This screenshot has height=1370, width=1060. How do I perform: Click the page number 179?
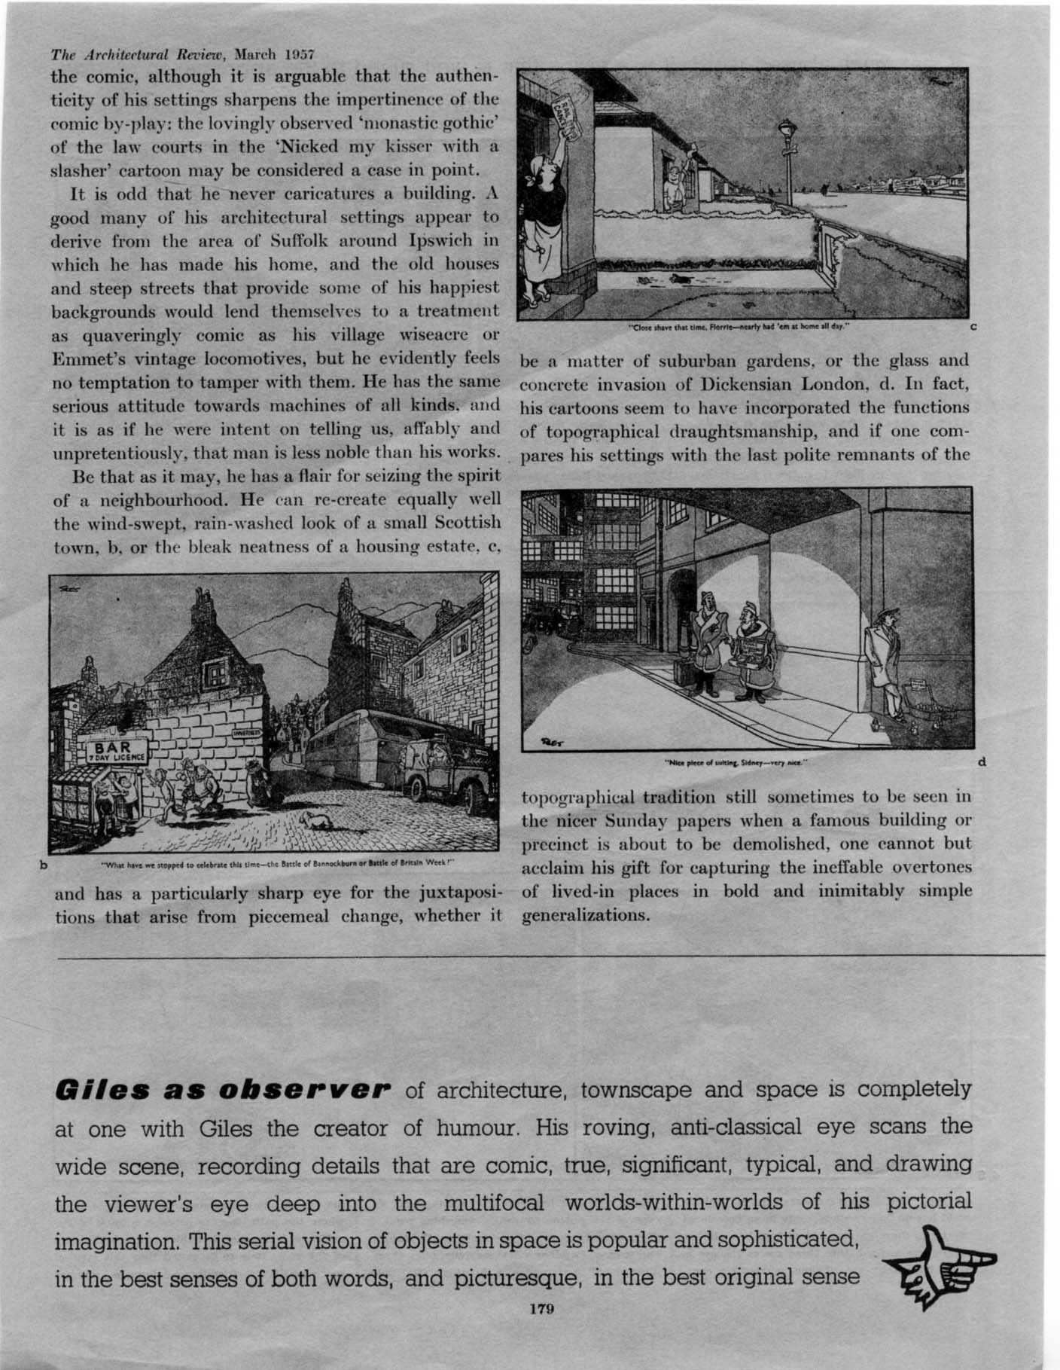coord(541,1309)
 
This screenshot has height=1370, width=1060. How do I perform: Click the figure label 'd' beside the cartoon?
coord(982,762)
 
